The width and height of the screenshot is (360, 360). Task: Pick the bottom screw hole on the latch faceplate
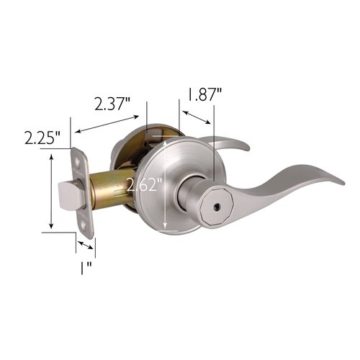click(89, 225)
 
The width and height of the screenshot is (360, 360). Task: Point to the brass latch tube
click(108, 189)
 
